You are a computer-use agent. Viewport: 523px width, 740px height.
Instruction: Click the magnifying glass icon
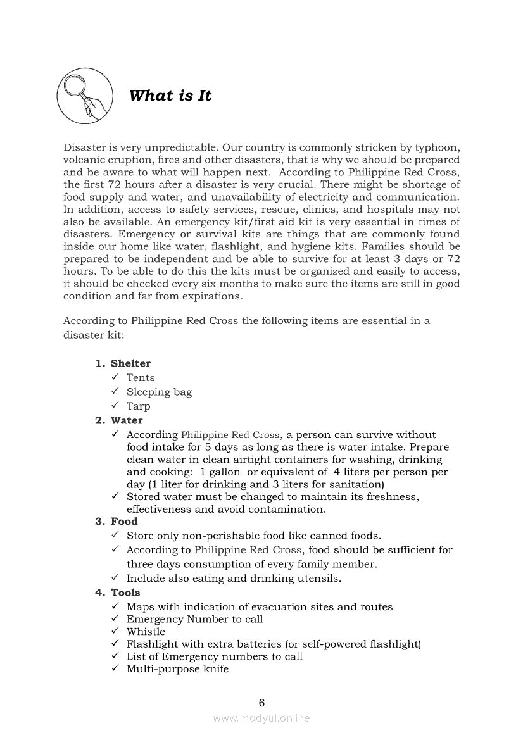click(85, 96)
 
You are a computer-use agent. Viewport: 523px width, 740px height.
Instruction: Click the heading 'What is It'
click(170, 96)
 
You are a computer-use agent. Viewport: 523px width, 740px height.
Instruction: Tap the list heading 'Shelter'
click(130, 363)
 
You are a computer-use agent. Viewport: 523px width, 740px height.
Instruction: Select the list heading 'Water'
click(127, 420)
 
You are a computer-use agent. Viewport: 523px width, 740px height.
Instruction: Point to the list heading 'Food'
click(124, 522)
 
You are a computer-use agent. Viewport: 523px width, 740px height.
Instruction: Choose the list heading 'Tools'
click(125, 593)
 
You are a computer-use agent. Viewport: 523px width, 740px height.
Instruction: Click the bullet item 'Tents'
click(141, 378)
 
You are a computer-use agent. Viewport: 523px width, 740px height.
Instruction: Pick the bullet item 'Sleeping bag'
click(159, 392)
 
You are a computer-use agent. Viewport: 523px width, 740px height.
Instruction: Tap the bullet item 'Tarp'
click(139, 406)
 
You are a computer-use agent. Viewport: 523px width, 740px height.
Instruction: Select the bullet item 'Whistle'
click(146, 632)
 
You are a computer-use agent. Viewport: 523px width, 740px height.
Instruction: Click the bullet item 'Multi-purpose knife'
click(177, 669)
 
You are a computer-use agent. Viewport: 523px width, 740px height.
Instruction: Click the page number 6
click(261, 703)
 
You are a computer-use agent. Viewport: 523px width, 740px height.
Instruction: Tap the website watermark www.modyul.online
click(261, 718)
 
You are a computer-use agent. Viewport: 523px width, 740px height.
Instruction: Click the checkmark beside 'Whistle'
click(115, 632)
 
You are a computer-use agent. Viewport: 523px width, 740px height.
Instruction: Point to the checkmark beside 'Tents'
click(115, 378)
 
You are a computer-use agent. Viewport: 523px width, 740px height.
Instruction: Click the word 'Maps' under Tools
click(141, 607)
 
